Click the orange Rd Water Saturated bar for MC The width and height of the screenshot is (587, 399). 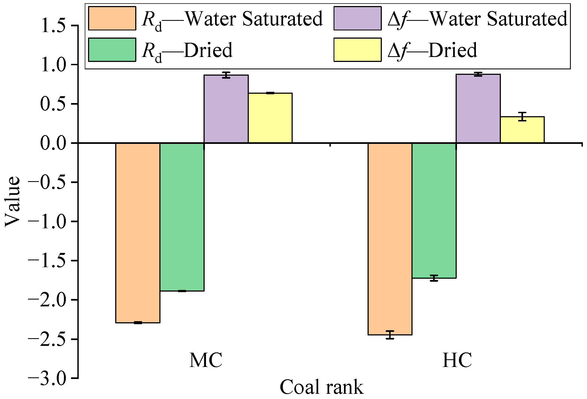point(138,233)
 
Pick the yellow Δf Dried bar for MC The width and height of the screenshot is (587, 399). point(270,118)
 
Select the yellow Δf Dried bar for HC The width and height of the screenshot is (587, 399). point(522,130)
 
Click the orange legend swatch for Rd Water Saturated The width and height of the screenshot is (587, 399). point(112,18)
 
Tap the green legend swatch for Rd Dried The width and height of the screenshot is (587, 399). point(112,50)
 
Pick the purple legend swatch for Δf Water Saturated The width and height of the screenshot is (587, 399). point(357,18)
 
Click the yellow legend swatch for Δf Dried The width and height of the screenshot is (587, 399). point(357,50)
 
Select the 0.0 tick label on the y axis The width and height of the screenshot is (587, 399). point(53,143)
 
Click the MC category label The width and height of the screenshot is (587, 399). point(206,360)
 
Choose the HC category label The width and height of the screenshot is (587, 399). point(457,360)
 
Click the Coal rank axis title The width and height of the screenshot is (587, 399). point(321,387)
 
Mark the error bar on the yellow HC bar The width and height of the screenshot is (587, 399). point(522,116)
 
